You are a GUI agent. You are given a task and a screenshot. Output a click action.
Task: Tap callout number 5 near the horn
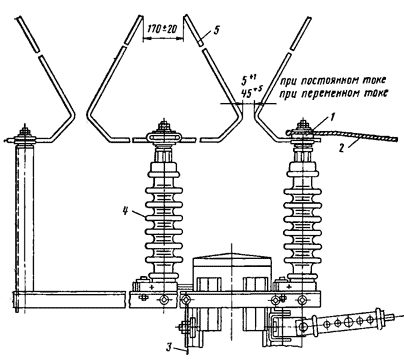[216, 30]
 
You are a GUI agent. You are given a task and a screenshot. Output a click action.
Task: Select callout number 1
[331, 117]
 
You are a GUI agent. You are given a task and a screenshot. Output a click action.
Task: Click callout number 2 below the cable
[341, 148]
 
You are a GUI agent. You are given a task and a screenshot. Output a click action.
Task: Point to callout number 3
[170, 347]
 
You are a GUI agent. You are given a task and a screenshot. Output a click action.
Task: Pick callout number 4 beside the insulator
[126, 211]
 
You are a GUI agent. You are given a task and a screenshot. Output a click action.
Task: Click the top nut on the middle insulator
[163, 126]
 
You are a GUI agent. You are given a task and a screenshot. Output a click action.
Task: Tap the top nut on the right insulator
[303, 125]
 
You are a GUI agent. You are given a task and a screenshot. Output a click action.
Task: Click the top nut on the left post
[24, 128]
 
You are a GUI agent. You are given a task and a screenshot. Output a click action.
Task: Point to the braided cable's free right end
[396, 138]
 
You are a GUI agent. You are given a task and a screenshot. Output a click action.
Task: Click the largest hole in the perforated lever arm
[348, 322]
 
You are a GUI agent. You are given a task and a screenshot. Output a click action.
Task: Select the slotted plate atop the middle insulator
[163, 137]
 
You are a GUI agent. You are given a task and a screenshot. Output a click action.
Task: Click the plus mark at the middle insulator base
[152, 287]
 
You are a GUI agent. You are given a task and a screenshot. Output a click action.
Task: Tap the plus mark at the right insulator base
[289, 286]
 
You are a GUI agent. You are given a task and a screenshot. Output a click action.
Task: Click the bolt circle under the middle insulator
[164, 299]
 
